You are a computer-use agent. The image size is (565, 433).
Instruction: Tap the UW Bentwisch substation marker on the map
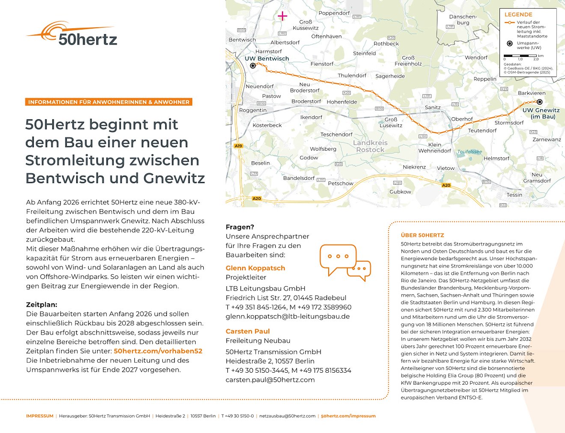coord(253,65)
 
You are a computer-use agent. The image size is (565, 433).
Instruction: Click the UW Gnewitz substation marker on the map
coord(539,102)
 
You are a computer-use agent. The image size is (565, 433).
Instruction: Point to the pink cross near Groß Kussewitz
coord(282,16)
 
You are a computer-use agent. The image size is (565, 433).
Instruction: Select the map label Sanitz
coord(432,107)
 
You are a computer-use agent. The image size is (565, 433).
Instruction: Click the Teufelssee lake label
coord(470,151)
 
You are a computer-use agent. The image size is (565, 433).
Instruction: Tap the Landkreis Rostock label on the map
coord(370,146)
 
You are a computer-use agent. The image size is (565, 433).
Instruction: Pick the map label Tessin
coord(514,195)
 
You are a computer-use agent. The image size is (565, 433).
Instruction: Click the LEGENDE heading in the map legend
coord(518,15)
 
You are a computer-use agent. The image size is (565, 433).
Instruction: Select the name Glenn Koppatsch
coord(255,268)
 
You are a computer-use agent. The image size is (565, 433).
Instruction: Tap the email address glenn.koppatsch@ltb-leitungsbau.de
coord(288,317)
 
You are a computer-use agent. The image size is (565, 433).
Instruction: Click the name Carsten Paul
coord(247,331)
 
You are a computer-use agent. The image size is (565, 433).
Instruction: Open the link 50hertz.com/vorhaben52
coord(158,351)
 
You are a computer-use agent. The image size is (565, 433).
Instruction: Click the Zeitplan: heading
coord(42,305)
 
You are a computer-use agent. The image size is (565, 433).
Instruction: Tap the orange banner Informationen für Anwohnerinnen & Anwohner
coord(109,102)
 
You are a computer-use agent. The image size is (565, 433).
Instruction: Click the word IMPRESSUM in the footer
coord(40,416)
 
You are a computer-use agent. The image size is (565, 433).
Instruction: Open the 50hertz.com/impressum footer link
coord(348,416)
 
